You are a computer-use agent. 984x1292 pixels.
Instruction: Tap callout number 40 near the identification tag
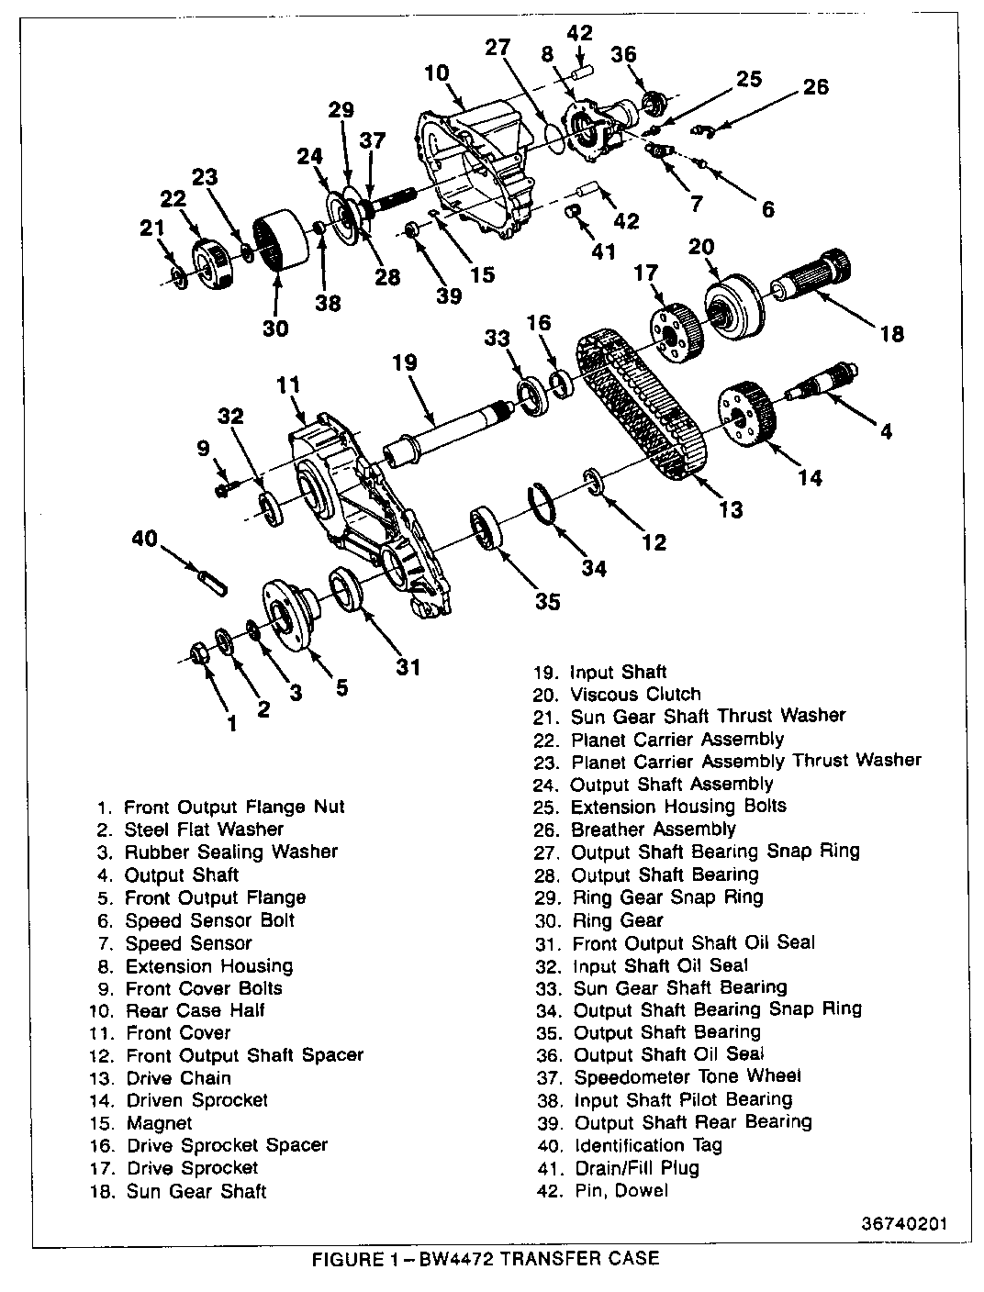(145, 540)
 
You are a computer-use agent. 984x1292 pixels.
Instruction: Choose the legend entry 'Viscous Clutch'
(634, 695)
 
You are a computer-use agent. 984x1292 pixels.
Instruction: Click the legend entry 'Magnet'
(158, 1123)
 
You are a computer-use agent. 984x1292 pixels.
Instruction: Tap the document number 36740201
(904, 1224)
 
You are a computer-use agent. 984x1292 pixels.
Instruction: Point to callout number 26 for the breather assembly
(815, 87)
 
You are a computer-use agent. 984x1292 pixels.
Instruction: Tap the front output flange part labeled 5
(287, 615)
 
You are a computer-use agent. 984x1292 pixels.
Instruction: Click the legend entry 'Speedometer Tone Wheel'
(687, 1076)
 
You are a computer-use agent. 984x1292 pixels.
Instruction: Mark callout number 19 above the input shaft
(404, 363)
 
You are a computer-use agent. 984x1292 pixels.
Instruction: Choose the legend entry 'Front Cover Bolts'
(203, 988)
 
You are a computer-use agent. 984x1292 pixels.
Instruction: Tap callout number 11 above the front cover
(289, 385)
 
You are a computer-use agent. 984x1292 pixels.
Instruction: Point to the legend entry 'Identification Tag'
(647, 1145)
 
